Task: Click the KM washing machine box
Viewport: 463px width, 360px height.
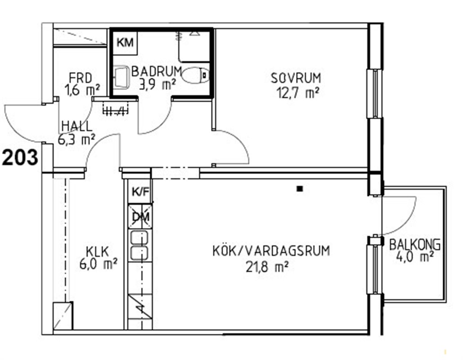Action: point(125,42)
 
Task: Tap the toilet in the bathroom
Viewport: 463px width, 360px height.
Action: point(195,75)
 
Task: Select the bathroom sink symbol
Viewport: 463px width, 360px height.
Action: point(121,77)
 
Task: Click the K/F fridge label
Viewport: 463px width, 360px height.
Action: point(140,192)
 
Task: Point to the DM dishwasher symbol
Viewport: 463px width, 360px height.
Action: point(140,216)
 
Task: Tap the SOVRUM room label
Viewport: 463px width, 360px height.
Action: point(296,78)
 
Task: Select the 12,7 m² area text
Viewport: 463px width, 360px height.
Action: point(298,93)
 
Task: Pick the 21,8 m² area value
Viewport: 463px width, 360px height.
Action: point(267,267)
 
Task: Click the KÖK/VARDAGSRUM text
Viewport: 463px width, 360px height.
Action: point(271,251)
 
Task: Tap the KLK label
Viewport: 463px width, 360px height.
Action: point(98,252)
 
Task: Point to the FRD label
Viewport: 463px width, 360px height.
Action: point(80,78)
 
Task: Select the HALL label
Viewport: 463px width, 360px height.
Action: point(77,126)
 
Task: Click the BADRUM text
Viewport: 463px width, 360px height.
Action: point(157,71)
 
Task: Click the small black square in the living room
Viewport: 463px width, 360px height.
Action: point(300,189)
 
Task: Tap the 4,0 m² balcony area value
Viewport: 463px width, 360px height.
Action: point(415,256)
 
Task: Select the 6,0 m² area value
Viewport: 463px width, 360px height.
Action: point(99,263)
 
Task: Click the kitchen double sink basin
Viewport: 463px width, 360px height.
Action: point(139,246)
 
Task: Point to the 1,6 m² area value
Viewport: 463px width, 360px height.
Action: point(82,90)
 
